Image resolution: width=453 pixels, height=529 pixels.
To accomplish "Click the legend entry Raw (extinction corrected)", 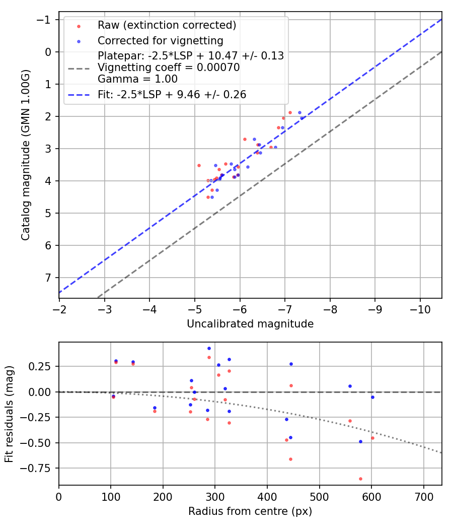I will point(167,25).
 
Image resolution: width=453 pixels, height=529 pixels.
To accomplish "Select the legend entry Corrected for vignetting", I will point(161,40).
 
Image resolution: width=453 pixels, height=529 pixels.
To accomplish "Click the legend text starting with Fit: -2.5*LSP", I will point(172,94).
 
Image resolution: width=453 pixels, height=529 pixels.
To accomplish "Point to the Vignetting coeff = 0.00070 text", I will point(169,68).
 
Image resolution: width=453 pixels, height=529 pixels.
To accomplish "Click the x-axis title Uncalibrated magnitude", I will point(250,324).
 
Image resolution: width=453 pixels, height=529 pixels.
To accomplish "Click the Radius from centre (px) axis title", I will point(250,511).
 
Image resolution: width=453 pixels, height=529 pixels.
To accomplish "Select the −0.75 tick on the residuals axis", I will point(39,468).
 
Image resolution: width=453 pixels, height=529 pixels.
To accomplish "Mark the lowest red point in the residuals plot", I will point(360,479).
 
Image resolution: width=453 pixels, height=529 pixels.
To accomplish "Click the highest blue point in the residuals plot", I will point(209,348).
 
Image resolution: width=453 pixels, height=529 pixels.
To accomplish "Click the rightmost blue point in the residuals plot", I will point(372,397).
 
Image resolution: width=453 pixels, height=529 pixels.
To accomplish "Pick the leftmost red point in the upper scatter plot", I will point(199,165).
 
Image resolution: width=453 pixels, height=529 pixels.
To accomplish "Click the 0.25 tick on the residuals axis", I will point(42,366).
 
